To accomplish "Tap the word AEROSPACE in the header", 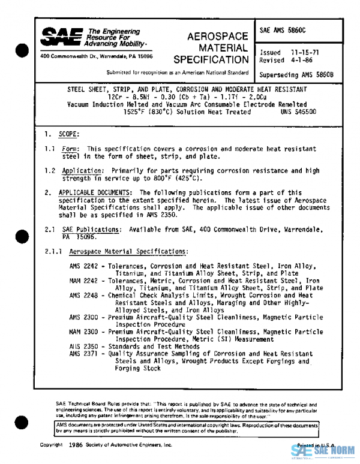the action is coord(211,36).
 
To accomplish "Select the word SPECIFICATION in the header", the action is coord(211,60).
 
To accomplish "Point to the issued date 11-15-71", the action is coord(305,53).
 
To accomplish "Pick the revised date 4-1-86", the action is coord(302,61).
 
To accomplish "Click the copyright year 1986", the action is coord(76,445).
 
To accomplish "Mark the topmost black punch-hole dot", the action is coord(22,50).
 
